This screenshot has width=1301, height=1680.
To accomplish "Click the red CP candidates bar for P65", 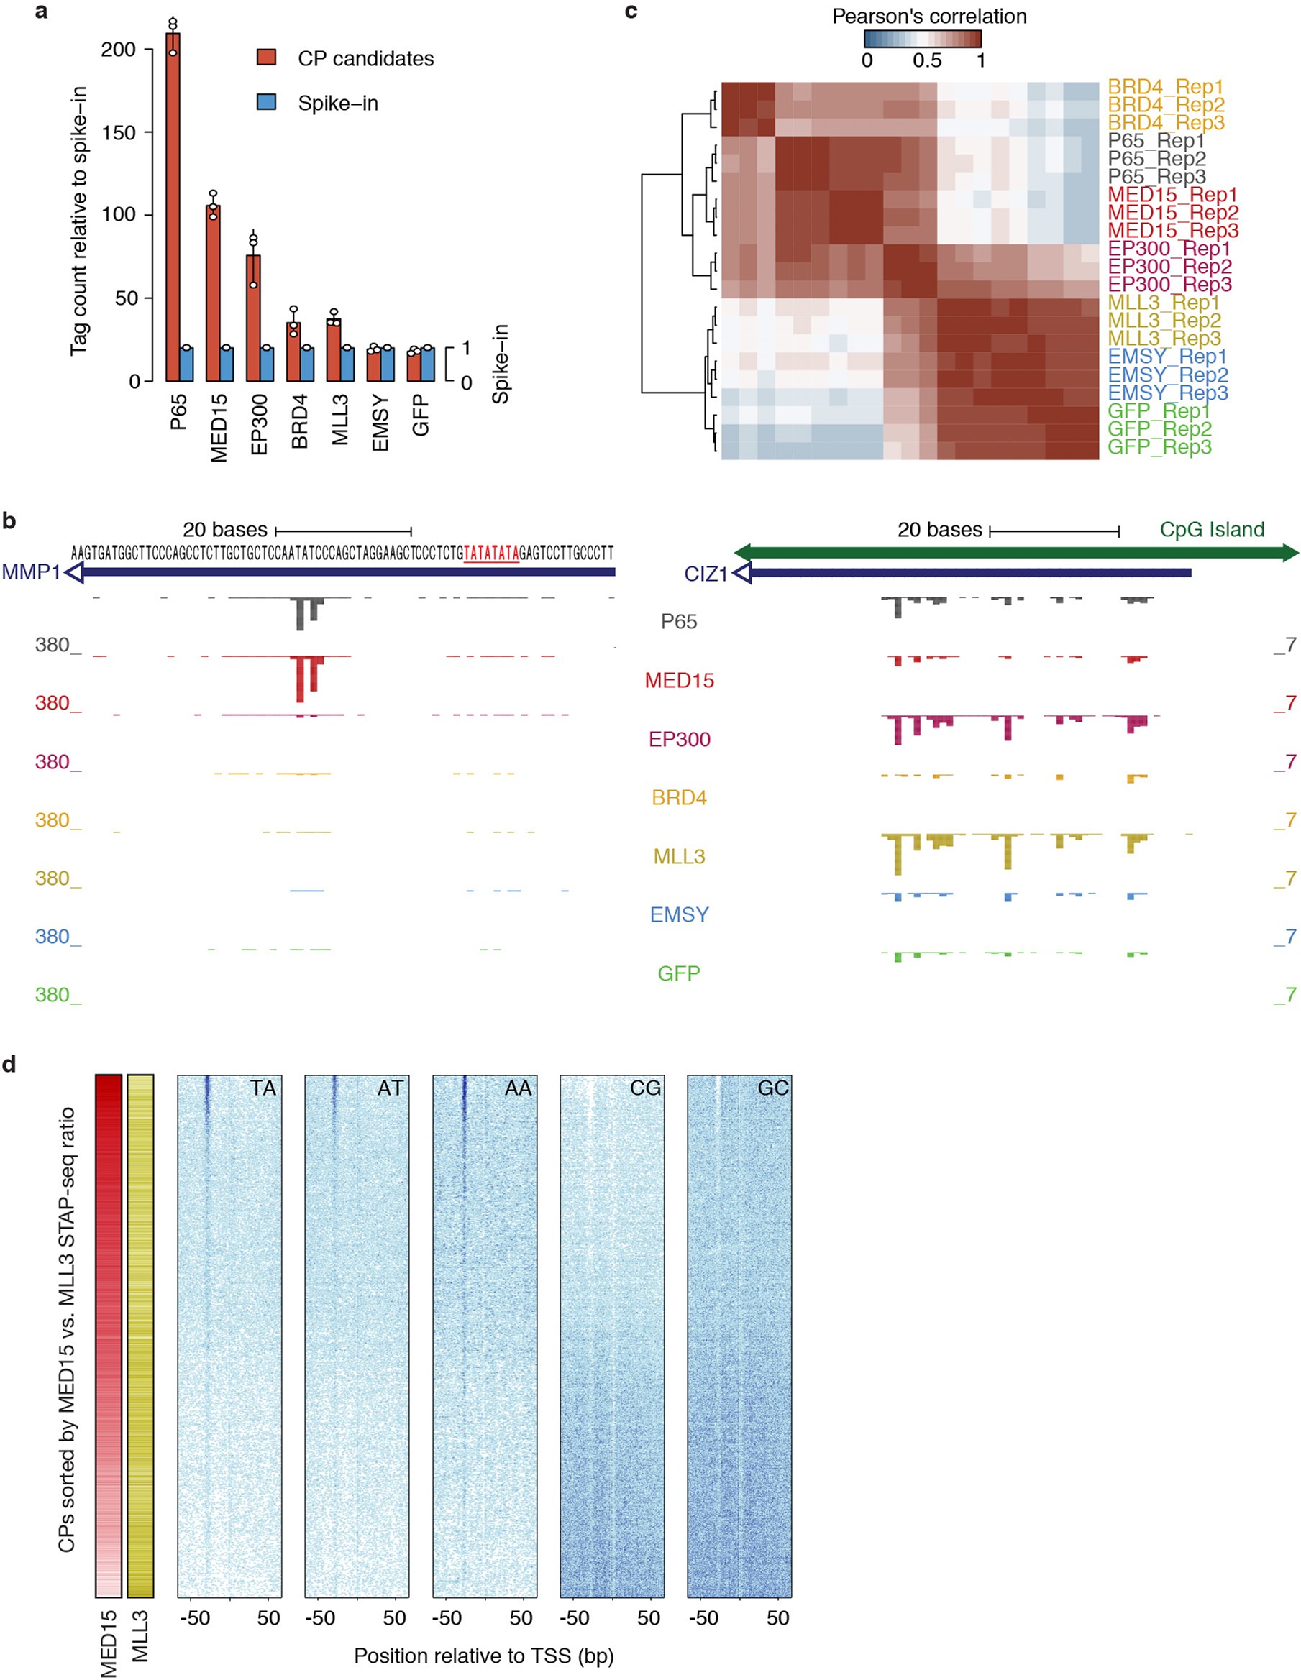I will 173,208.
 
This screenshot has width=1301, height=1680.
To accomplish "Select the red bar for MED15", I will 213,293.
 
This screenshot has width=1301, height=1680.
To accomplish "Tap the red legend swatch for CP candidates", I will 266,58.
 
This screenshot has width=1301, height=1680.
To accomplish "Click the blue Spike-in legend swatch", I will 266,102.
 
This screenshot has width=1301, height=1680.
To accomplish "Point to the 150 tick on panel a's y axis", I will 119,132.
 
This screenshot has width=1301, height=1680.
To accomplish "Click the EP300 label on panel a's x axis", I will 260,424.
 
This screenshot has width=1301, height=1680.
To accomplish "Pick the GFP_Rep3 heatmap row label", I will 1159,447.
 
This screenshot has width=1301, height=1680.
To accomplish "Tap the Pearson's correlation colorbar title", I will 928,16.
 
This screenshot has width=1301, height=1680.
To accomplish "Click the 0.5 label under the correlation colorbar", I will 926,60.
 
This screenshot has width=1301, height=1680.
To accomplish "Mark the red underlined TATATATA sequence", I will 491,553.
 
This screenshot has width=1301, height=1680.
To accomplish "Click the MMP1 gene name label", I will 31,572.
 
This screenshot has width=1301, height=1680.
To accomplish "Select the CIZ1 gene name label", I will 706,574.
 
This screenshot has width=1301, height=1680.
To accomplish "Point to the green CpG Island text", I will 1212,529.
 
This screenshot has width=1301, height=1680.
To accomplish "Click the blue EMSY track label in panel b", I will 679,914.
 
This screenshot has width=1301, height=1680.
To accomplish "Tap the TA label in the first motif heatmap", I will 263,1088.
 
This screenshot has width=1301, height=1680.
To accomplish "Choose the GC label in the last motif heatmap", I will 772,1088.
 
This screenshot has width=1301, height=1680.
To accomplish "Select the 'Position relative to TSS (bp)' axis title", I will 483,1656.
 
